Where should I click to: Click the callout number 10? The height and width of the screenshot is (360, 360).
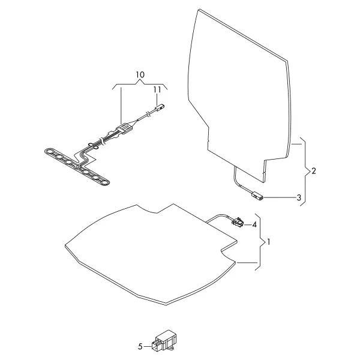click(140, 74)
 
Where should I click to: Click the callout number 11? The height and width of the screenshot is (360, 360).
click(157, 89)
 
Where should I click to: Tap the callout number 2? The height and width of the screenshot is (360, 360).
click(314, 171)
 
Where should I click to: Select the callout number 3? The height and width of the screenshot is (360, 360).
click(299, 197)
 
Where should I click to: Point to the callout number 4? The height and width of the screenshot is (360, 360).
click(254, 225)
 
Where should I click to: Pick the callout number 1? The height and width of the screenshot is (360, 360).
click(269, 242)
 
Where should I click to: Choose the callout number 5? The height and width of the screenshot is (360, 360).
click(140, 346)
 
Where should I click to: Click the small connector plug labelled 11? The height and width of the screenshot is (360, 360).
click(160, 107)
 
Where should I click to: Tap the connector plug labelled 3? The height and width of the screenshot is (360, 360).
click(257, 197)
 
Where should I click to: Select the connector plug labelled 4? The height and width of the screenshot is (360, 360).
click(238, 222)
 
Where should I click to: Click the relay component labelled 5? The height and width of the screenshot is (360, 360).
click(163, 341)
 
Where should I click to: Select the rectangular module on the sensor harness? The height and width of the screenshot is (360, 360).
click(125, 128)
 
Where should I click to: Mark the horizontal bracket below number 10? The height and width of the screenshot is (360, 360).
click(140, 84)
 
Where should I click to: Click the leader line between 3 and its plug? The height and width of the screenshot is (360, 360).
click(280, 197)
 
